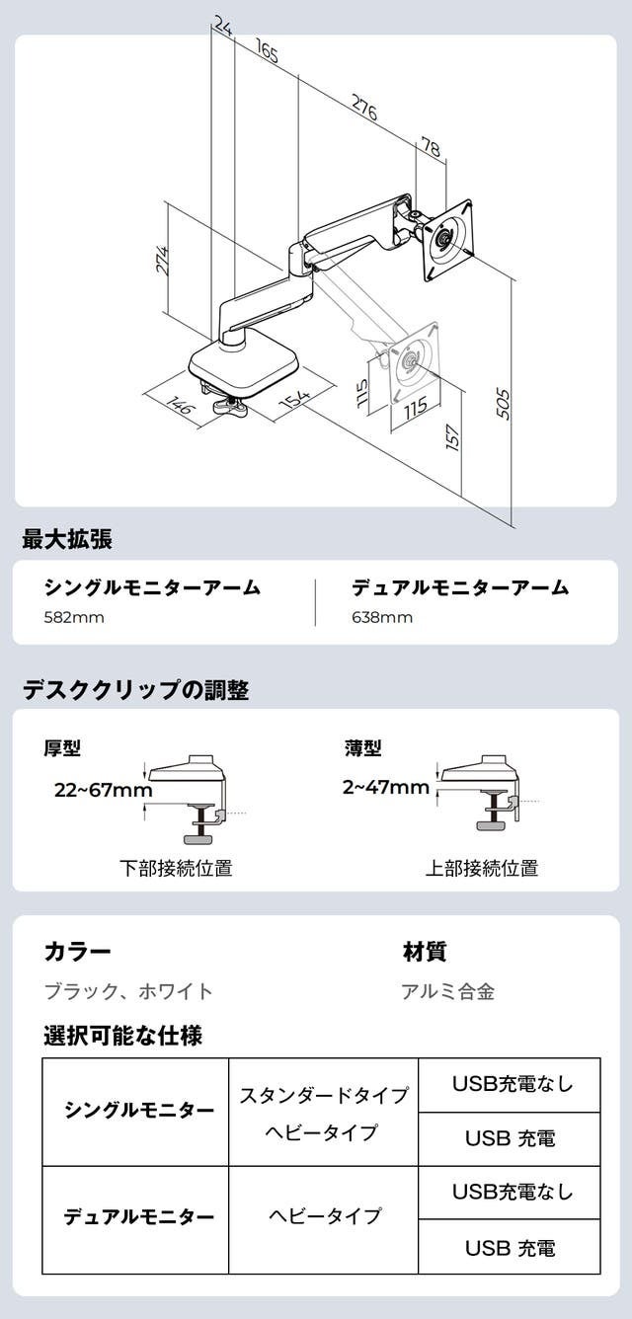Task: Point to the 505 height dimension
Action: [x=503, y=403]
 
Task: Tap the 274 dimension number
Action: [x=163, y=261]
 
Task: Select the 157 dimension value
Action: [x=452, y=437]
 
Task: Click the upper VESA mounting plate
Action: [x=447, y=239]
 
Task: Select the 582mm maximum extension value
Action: [x=74, y=618]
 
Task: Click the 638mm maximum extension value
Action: [x=382, y=618]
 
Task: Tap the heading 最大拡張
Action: [x=67, y=539]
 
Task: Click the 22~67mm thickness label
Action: [x=104, y=790]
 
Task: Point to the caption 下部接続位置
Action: [x=176, y=869]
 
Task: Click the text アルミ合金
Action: [x=447, y=991]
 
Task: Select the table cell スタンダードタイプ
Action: [x=324, y=1095]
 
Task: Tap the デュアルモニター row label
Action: [x=139, y=1217]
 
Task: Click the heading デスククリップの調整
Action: [x=135, y=690]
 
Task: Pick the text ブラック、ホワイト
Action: [x=128, y=991]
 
